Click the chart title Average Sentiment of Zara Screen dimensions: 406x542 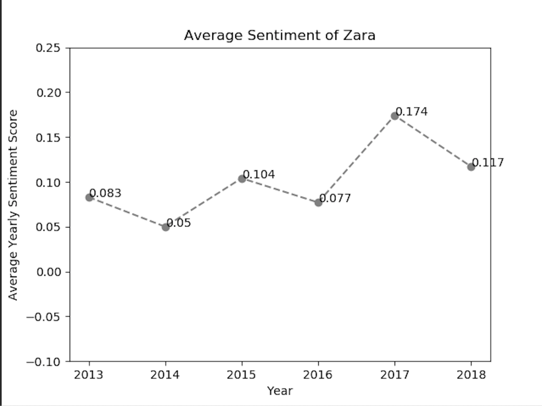(x=279, y=35)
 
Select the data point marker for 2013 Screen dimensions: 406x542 (x=89, y=197)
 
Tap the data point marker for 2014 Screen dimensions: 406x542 (x=165, y=227)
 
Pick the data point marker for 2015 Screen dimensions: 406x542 (x=242, y=179)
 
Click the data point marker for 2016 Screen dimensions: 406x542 (x=318, y=203)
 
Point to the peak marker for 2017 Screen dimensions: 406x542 (x=395, y=116)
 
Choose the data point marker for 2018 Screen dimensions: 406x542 (x=471, y=167)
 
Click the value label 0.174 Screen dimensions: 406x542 (x=412, y=112)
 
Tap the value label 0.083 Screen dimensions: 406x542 (x=106, y=193)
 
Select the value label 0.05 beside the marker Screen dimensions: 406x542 (x=179, y=223)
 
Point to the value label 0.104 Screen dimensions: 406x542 (x=259, y=174)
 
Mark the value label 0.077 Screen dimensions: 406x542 (x=335, y=198)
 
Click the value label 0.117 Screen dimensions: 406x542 (x=488, y=162)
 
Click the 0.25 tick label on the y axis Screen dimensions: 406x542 (x=48, y=48)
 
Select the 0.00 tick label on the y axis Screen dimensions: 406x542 (x=48, y=272)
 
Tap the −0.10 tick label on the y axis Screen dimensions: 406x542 (x=43, y=362)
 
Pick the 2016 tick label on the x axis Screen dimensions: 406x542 (x=318, y=374)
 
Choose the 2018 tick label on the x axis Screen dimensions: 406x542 (x=471, y=374)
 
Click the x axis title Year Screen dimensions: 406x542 (x=280, y=391)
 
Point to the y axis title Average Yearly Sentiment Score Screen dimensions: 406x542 (x=13, y=205)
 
